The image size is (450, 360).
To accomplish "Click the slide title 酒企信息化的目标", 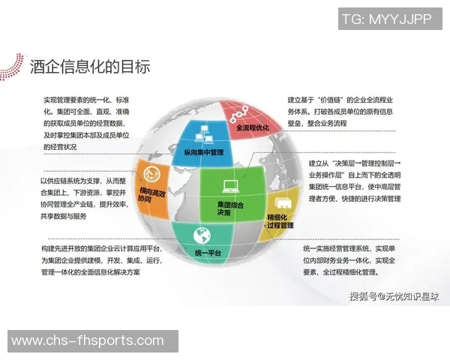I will (90, 66).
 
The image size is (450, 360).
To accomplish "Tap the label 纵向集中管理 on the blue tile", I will (203, 152).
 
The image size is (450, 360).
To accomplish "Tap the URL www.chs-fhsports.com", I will (87, 341).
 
